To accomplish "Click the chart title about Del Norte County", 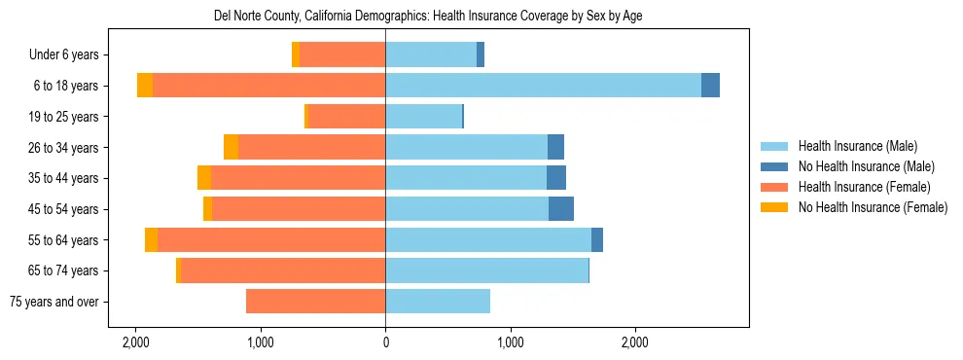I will click(x=428, y=17).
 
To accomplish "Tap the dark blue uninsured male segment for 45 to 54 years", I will click(x=561, y=209).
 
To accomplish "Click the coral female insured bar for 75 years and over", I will click(x=315, y=302).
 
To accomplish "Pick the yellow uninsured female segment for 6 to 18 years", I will click(x=145, y=86).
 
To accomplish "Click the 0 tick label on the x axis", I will click(x=385, y=342).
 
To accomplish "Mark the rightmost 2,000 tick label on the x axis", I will click(x=635, y=342).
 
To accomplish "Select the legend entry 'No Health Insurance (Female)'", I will click(x=873, y=207).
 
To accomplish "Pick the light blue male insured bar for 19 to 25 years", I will click(x=423, y=117).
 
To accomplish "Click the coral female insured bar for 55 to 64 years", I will click(x=271, y=240).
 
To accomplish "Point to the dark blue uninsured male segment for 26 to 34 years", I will click(x=555, y=148).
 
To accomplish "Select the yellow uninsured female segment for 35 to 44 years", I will click(x=204, y=178).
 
